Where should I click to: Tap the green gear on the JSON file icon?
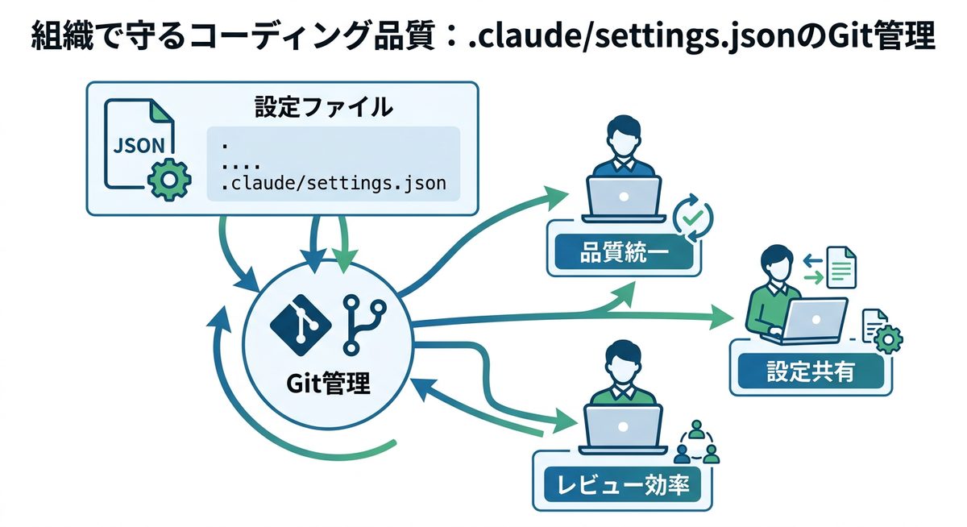tap(168, 179)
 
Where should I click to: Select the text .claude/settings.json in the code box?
tap(333, 184)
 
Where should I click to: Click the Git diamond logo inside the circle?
tap(301, 324)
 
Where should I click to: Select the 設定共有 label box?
tap(810, 371)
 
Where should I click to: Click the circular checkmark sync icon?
tap(692, 214)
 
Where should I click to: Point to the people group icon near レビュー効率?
tap(695, 442)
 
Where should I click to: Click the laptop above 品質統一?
tap(623, 197)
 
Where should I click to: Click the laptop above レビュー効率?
tap(622, 425)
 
